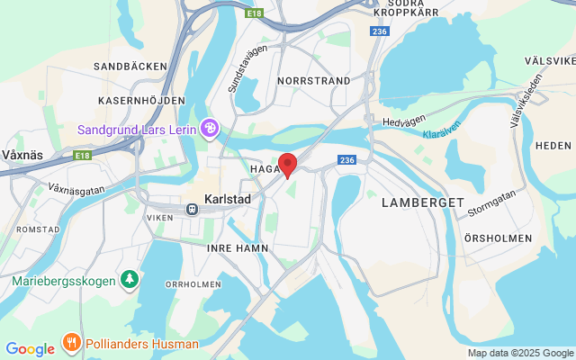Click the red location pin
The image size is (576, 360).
(x=287, y=165)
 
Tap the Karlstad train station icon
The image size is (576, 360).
(x=192, y=209)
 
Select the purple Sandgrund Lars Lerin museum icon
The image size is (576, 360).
(x=210, y=129)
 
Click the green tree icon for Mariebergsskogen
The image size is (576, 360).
(x=130, y=280)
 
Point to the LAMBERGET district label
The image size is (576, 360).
(x=422, y=202)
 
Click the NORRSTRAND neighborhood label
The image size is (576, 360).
(x=314, y=80)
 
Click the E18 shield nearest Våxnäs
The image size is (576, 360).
(x=83, y=156)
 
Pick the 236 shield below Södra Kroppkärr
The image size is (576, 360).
(x=378, y=31)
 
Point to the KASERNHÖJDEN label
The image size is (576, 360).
(x=136, y=100)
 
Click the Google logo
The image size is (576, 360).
(x=30, y=349)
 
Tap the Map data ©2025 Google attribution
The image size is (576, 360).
(x=520, y=353)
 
